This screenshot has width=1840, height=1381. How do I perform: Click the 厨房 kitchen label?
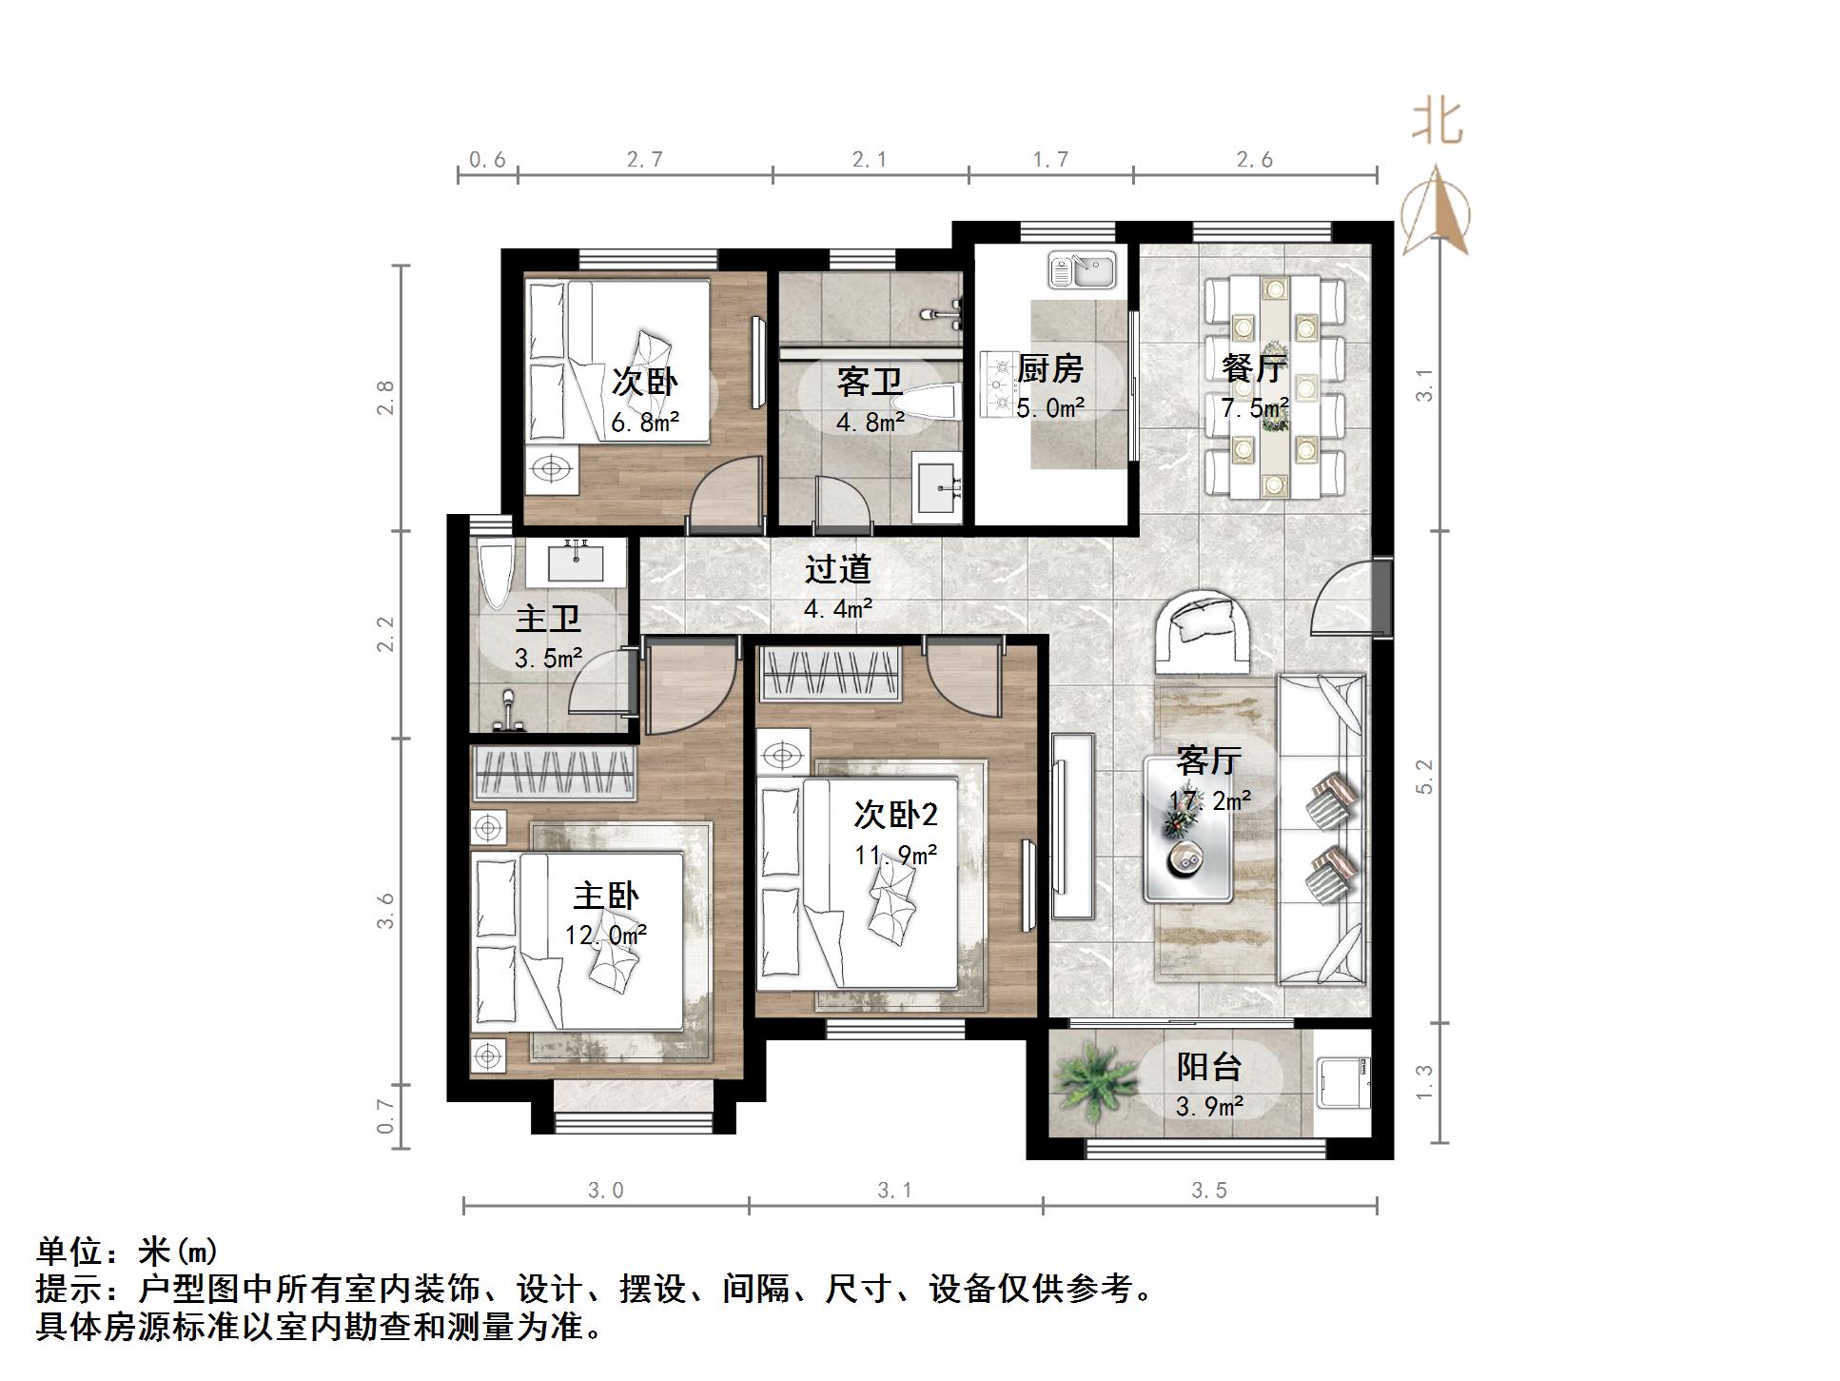(1050, 367)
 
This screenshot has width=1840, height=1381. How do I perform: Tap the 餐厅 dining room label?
(1254, 367)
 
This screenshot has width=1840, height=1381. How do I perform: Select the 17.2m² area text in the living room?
(1209, 800)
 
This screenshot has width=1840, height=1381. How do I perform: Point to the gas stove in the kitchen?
(999, 385)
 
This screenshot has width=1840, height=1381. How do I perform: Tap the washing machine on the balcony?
(1341, 1083)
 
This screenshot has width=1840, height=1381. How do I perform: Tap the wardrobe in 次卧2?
(830, 674)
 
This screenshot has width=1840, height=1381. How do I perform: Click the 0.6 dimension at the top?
(487, 160)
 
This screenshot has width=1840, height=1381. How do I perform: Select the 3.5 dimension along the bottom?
(1209, 1190)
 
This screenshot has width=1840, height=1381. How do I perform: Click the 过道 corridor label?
(838, 569)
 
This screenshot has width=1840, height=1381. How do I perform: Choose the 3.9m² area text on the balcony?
(1209, 1107)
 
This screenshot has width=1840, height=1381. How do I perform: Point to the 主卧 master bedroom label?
(606, 896)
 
